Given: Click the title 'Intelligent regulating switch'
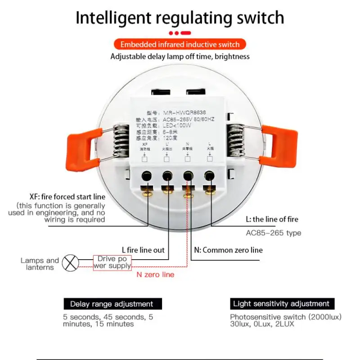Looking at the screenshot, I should coord(180,18).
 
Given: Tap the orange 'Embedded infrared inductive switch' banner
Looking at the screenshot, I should coord(180,44).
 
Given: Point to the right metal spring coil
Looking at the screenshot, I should coord(237,141).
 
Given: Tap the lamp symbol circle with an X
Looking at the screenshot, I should coord(70,263).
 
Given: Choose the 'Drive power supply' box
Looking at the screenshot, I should coord(112,262).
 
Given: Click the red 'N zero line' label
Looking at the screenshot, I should coord(155,274).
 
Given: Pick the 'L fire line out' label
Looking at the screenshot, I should coord(143,250).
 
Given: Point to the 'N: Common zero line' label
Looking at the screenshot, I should coord(228,250).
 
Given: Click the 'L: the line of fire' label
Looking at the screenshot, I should coord(272,220).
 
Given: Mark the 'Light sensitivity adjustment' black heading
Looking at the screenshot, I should coord(281,304).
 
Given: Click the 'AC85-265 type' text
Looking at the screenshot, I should coord(274,233).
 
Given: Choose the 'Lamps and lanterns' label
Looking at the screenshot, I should coord(40,264).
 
